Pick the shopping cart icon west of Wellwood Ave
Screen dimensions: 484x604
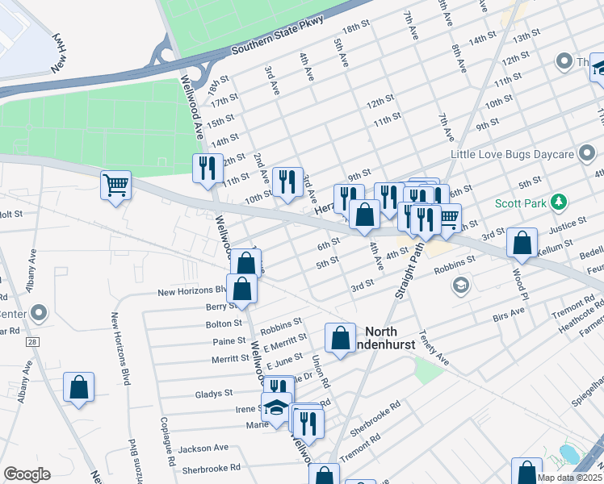pos(115,185)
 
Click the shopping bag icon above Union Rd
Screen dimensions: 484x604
pos(340,336)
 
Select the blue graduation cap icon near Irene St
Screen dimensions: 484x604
pos(277,407)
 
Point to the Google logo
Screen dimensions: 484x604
pos(27,474)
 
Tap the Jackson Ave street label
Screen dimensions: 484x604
pos(204,448)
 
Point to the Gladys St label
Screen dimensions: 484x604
pos(214,393)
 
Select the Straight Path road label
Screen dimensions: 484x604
pos(411,272)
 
